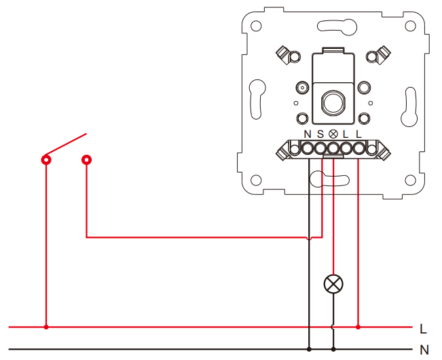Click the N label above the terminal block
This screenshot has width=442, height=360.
(x=308, y=134)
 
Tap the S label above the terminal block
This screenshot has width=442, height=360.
(x=320, y=134)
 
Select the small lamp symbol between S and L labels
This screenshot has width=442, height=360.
(x=333, y=134)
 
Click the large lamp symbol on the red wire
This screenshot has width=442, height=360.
(x=333, y=284)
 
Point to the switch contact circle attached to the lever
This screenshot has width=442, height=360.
(x=46, y=160)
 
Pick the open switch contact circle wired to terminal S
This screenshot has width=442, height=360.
(x=86, y=160)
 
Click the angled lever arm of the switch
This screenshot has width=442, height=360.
(x=66, y=144)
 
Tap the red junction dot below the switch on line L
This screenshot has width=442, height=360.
(x=46, y=327)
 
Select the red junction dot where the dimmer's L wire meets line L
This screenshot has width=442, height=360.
(x=358, y=327)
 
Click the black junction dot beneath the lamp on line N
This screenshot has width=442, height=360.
(x=333, y=349)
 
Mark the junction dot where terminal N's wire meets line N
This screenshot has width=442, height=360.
(x=309, y=349)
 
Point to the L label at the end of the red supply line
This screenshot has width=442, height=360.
(x=423, y=329)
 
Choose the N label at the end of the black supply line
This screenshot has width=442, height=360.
(x=424, y=350)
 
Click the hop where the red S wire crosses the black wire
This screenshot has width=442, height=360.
(x=309, y=238)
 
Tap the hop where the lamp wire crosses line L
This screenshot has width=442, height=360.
(x=333, y=327)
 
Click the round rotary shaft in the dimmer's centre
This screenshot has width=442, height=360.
(x=333, y=103)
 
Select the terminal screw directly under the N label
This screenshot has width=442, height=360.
(x=308, y=148)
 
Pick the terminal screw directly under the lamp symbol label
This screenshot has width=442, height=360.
(x=333, y=148)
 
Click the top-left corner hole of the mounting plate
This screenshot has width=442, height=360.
(x=256, y=26)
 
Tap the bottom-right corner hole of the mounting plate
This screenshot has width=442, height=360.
(x=410, y=180)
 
